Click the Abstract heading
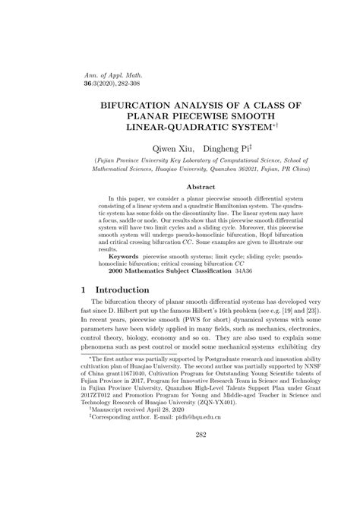(x=180, y=185)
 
